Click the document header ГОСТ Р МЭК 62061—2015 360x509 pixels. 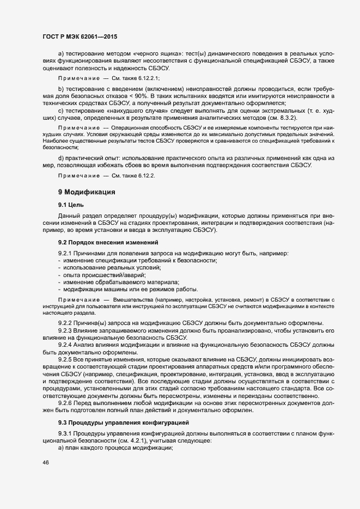click(x=80, y=36)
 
